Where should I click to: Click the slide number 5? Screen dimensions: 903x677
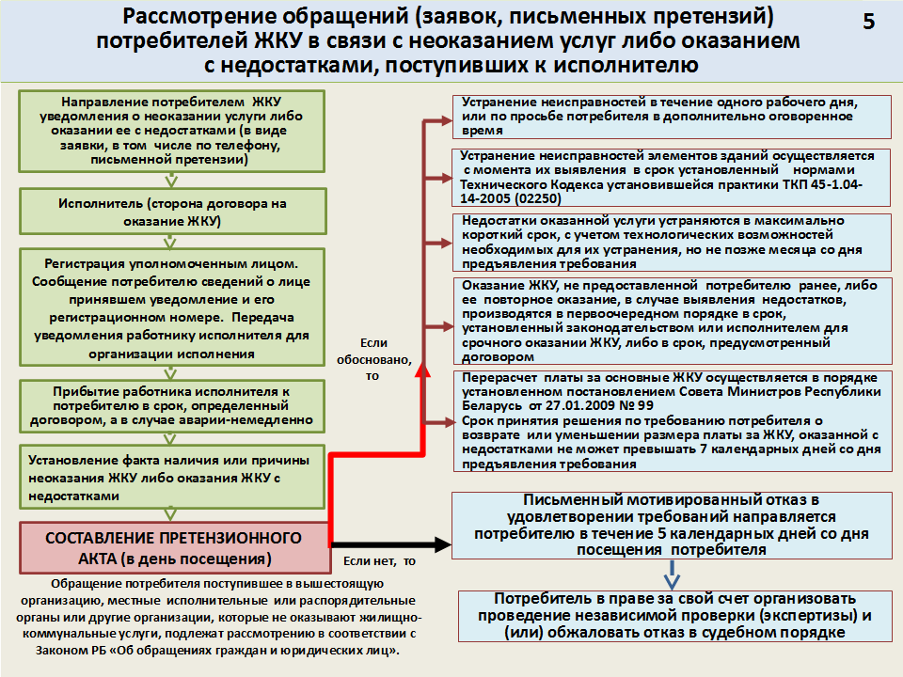(869, 22)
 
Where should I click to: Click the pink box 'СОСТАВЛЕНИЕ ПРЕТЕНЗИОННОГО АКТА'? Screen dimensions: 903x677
(175, 548)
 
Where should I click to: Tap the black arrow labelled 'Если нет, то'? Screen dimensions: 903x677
(390, 544)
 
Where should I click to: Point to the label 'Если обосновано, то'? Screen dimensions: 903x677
(373, 359)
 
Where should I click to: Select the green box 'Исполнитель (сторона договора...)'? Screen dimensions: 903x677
(173, 212)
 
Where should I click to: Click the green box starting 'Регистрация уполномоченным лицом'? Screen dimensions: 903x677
(171, 307)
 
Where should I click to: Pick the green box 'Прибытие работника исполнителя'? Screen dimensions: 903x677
(171, 406)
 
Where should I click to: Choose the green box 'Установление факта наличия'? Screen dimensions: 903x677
(171, 478)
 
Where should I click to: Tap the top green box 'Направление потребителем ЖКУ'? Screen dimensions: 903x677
(171, 131)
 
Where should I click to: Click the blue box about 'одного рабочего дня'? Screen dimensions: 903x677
(672, 117)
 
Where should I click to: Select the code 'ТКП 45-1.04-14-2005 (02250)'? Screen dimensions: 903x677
(660, 192)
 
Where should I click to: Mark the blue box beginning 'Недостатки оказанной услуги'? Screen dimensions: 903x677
(672, 243)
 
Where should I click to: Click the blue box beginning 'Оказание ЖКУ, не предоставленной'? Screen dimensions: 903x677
(672, 321)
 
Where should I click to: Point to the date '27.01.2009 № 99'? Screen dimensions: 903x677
(599, 405)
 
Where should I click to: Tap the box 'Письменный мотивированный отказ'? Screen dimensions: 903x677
(672, 525)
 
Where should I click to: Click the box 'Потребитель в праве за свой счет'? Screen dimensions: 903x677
(675, 616)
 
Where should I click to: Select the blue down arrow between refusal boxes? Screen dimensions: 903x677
(672, 575)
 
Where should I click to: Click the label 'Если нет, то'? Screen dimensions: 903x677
(379, 561)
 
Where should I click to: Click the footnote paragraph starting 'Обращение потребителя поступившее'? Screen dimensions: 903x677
(218, 617)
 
